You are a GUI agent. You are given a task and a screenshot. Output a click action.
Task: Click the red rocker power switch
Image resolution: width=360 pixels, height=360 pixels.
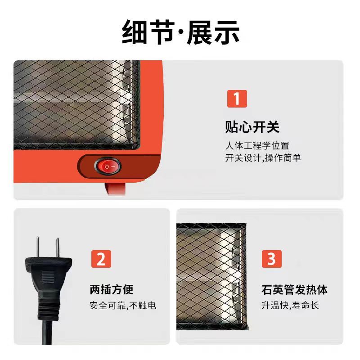tap(108, 166)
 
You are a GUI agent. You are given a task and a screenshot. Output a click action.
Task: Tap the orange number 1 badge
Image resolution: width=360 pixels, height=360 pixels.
tap(237, 99)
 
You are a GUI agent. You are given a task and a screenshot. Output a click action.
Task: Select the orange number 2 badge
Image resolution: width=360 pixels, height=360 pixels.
tap(101, 259)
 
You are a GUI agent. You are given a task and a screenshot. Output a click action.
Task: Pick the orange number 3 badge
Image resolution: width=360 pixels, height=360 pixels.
tap(272, 259)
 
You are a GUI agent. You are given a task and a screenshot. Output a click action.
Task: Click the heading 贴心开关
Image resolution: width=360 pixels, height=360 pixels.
tap(252, 127)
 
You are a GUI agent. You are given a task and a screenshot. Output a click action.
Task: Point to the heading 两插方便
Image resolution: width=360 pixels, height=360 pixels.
tap(111, 289)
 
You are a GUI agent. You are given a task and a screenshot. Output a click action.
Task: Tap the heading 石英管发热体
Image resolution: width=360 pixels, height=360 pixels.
tap(294, 289)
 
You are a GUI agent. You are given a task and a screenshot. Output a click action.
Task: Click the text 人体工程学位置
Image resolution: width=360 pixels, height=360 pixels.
tap(257, 146)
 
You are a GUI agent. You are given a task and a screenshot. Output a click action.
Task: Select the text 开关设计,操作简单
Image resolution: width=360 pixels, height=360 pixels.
tap(263, 158)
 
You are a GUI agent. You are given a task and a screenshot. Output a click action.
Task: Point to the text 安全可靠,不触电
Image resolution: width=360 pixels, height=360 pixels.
tap(123, 306)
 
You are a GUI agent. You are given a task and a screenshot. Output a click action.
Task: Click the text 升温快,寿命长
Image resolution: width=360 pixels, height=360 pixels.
tap(290, 306)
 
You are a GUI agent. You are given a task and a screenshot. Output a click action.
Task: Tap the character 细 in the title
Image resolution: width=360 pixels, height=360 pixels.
tap(134, 32)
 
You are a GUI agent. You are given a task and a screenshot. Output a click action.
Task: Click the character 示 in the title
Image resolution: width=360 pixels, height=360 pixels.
tap(227, 32)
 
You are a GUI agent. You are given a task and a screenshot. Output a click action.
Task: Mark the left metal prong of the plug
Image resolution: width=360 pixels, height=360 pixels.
tap(38, 247)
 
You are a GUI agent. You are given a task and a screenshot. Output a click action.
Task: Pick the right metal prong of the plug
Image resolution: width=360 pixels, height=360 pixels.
tap(58, 247)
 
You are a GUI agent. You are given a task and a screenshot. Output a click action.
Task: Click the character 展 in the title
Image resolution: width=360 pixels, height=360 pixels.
tap(200, 32)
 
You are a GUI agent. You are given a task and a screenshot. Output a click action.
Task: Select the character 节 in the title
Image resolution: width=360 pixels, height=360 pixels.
tap(162, 32)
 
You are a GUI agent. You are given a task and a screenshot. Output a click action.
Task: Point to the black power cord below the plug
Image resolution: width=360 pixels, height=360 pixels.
tap(47, 333)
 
